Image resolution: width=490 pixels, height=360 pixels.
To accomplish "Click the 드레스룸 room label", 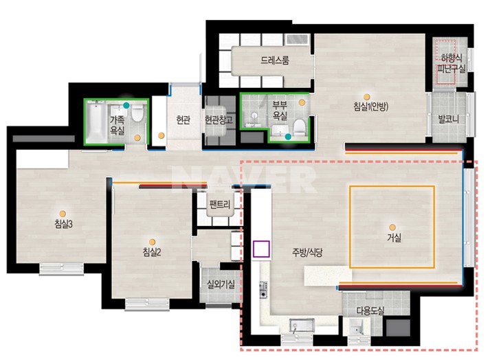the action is tap(275, 60).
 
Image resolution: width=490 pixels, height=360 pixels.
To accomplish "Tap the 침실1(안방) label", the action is tap(370, 107).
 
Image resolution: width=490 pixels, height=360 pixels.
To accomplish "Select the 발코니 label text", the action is tap(448, 119).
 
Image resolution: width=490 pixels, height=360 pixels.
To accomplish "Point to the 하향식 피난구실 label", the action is tap(452, 63).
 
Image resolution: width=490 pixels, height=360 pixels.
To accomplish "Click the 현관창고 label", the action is tap(219, 120).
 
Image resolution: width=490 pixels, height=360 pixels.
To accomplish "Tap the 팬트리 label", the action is tap(220, 205).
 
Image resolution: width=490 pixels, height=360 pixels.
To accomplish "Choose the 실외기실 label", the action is tap(221, 284).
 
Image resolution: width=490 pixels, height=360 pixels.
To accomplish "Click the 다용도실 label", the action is tap(370, 311).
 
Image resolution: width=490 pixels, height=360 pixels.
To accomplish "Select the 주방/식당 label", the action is tap(307, 252).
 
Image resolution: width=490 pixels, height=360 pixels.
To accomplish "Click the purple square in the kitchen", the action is tap(261, 249).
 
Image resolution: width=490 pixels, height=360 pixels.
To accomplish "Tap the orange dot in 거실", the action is tap(392, 227).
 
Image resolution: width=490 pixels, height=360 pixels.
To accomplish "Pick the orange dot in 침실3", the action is tap(63, 214).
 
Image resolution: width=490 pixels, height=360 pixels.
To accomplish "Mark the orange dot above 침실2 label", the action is tap(152, 242).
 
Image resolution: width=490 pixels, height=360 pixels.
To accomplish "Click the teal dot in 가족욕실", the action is tap(126, 105).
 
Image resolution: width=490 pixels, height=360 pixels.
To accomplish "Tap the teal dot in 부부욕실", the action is tap(288, 137).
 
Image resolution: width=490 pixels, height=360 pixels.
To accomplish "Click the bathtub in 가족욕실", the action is tap(96, 122).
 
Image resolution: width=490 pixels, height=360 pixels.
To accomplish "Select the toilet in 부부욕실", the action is tap(300, 127).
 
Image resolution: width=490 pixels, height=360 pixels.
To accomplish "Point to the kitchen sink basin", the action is tap(302, 325).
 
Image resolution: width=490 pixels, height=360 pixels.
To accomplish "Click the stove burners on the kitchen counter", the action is tap(263, 290).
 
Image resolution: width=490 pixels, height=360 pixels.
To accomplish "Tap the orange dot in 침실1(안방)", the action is tap(367, 97).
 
